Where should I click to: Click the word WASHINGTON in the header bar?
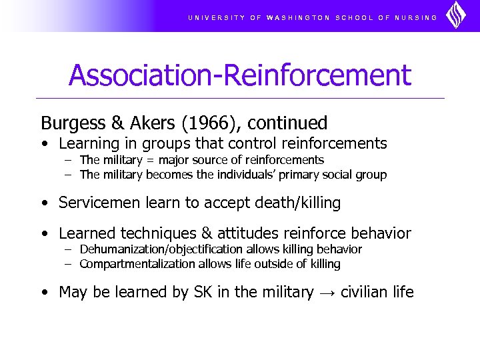pyautogui.click(x=298, y=18)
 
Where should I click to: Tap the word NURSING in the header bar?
pyautogui.click(x=416, y=18)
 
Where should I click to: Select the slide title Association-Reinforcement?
pyautogui.click(x=240, y=75)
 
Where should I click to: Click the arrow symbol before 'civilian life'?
pyautogui.click(x=327, y=293)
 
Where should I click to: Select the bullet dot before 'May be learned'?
pyautogui.click(x=43, y=293)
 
